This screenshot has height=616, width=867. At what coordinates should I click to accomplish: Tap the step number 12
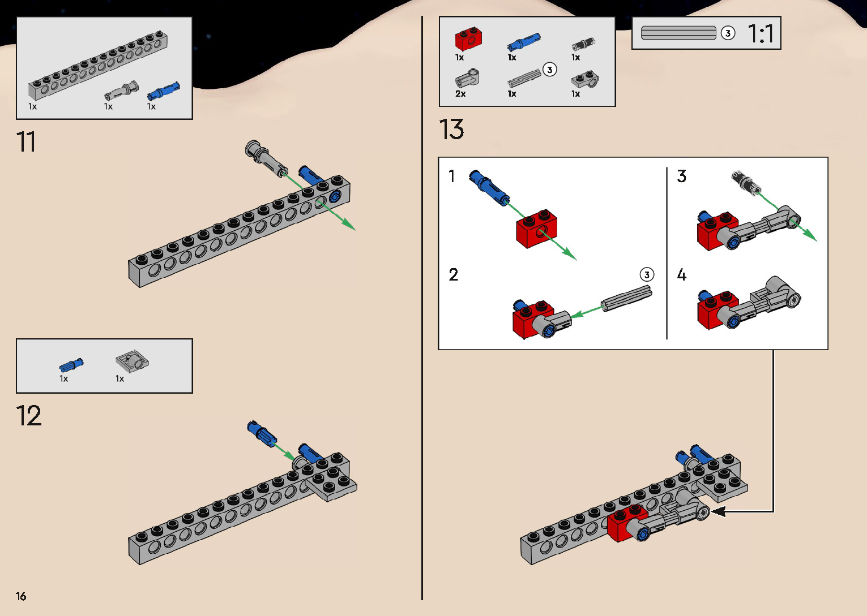click(x=29, y=416)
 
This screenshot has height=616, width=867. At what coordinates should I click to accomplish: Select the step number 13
click(x=451, y=129)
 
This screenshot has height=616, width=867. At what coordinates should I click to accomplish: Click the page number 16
click(x=21, y=596)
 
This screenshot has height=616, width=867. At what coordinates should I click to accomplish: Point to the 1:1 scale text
click(x=761, y=33)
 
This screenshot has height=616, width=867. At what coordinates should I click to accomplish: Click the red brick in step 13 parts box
click(x=468, y=38)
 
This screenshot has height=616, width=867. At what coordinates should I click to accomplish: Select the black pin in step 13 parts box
click(x=583, y=44)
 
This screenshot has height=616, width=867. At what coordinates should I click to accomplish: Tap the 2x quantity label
click(x=460, y=93)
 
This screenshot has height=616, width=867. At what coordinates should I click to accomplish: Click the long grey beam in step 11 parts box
click(x=98, y=65)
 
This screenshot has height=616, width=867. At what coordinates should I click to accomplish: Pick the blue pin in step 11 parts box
click(x=163, y=92)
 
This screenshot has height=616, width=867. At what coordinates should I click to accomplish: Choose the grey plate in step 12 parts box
click(x=132, y=362)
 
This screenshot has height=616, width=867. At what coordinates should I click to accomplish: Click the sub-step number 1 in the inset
click(x=451, y=176)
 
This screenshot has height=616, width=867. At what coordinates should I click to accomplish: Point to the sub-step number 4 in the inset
click(x=682, y=274)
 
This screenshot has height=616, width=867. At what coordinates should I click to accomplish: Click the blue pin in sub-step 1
click(x=489, y=187)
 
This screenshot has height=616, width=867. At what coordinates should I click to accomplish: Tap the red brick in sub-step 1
click(x=536, y=229)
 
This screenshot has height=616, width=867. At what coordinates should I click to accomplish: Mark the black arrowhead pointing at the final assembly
click(x=719, y=511)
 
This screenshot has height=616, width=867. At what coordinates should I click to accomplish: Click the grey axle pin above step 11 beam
click(x=266, y=158)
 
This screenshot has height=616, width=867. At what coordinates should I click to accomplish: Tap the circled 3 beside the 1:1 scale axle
click(x=728, y=33)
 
